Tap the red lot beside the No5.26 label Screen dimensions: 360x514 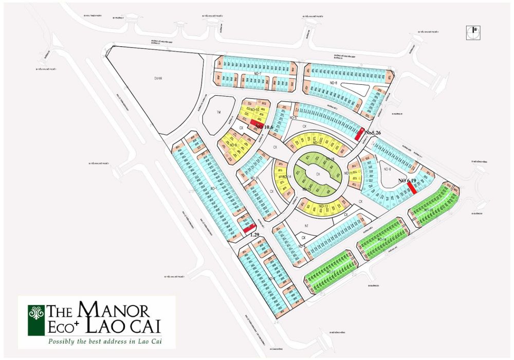pos(361,134)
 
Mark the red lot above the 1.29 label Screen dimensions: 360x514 pos(250,228)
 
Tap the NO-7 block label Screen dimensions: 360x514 pos(257,74)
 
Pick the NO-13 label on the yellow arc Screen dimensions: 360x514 pos(323,206)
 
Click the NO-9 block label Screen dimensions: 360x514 pos(232,145)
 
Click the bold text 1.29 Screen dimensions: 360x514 pos(254,235)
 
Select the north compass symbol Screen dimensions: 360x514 pos(472,32)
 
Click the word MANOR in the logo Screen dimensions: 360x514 pos(113,310)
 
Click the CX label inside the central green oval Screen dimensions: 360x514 pos(318,174)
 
